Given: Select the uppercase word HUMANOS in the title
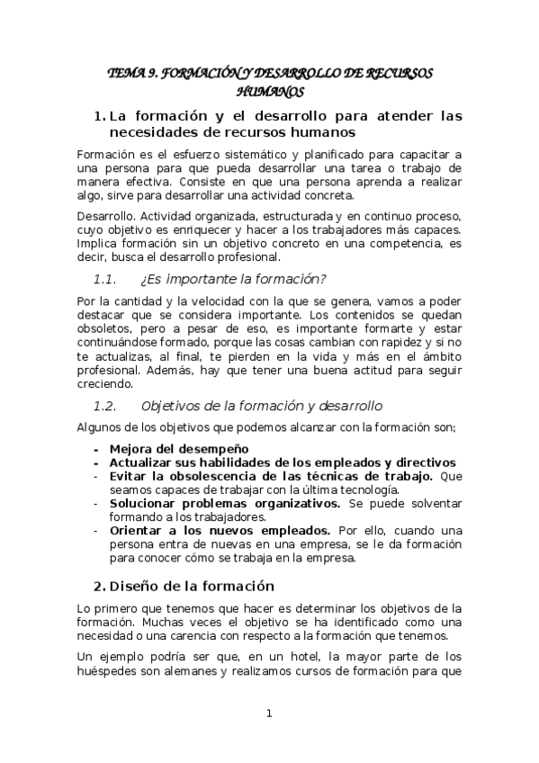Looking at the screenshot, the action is coord(270,91).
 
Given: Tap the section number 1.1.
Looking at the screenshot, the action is coord(109,277).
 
